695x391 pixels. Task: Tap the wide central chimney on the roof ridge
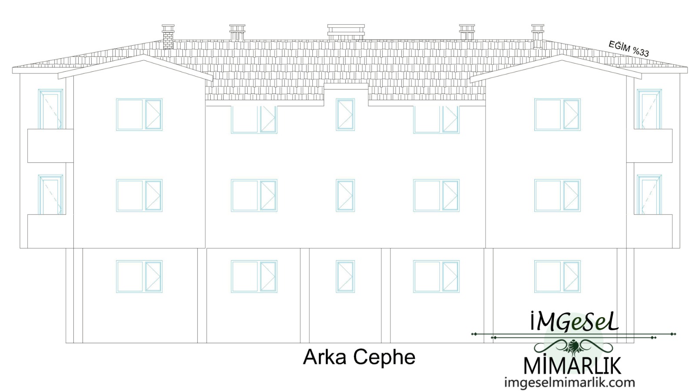pyautogui.click(x=346, y=32)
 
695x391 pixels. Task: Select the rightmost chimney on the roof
pyautogui.click(x=538, y=36)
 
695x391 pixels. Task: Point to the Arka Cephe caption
pyautogui.click(x=359, y=357)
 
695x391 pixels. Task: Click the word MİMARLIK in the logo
pyautogui.click(x=573, y=366)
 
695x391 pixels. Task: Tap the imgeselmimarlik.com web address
pyautogui.click(x=569, y=382)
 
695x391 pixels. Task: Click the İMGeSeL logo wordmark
pyautogui.click(x=574, y=321)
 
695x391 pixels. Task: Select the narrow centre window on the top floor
pyautogui.click(x=345, y=115)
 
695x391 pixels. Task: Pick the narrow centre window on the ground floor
pyautogui.click(x=345, y=276)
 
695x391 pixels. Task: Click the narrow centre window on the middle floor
pyautogui.click(x=345, y=195)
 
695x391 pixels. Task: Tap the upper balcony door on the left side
pyautogui.click(x=50, y=109)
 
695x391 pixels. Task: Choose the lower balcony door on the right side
pyautogui.click(x=649, y=195)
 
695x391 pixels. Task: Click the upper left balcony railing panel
pyautogui.click(x=50, y=146)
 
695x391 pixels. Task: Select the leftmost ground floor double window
pyautogui.click(x=139, y=276)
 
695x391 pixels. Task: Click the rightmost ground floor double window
pyautogui.click(x=557, y=276)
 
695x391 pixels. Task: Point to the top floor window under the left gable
pyautogui.click(x=139, y=115)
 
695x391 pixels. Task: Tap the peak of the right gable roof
pyautogui.click(x=562, y=55)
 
